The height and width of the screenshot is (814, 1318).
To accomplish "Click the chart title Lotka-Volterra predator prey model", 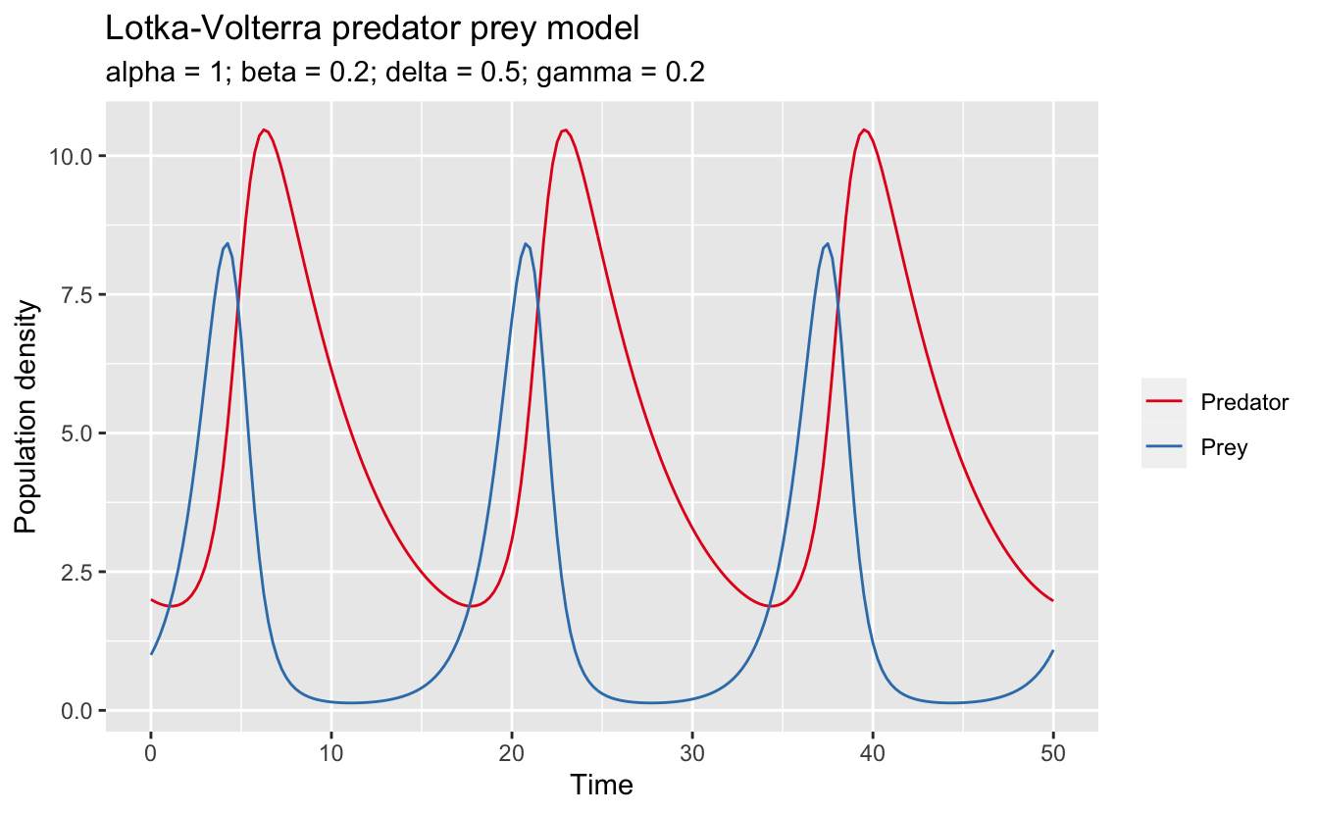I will tap(372, 29).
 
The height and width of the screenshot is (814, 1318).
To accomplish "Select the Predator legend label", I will tap(1243, 403).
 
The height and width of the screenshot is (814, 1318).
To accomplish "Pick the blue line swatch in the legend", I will tap(1164, 447).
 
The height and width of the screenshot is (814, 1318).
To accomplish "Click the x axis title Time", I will tap(601, 785).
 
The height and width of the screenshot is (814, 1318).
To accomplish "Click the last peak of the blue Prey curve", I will tap(828, 243).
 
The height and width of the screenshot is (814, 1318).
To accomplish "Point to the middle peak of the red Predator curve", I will tap(565, 129).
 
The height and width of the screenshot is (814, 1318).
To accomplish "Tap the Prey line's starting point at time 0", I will tap(151, 654).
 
